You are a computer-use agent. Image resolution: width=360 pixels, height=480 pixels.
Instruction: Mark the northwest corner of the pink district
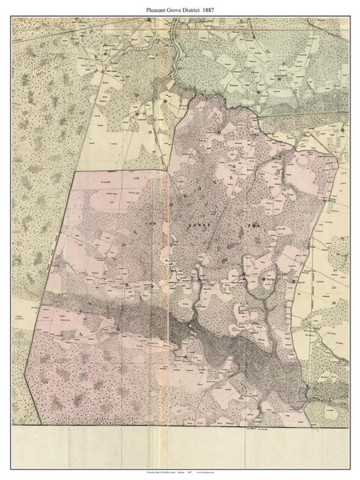point(74,171)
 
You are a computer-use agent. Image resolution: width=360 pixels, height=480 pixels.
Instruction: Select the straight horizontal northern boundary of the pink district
point(120,171)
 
